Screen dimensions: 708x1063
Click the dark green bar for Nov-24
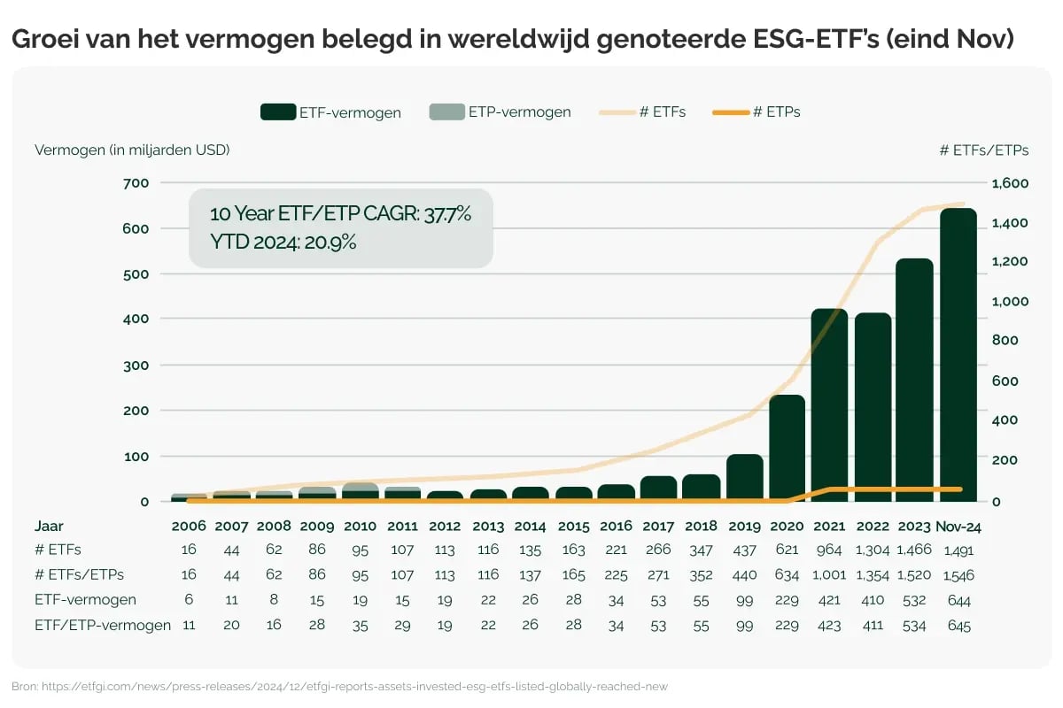click(958, 354)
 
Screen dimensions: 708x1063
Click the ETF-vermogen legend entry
click(330, 112)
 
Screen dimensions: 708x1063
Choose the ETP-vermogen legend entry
click(500, 112)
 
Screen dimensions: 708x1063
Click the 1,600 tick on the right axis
click(1010, 183)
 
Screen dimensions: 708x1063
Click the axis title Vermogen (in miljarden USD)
click(132, 150)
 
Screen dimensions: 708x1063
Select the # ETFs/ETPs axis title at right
click(983, 150)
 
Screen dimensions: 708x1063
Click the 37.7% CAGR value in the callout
click(446, 214)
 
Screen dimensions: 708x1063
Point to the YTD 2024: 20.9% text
click(283, 242)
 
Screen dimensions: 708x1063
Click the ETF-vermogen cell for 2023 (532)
click(915, 601)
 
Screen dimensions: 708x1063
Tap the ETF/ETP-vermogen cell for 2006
click(189, 626)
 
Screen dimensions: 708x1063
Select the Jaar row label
click(49, 526)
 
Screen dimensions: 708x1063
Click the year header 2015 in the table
click(573, 526)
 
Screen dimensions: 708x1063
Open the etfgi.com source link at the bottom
click(354, 687)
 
